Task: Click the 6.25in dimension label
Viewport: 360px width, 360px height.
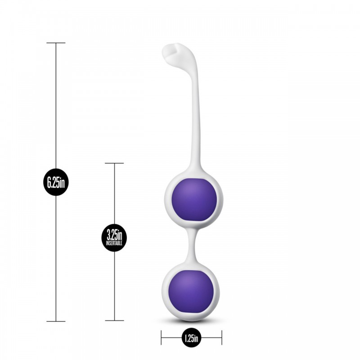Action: click(x=56, y=182)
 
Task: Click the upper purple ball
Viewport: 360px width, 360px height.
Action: click(x=195, y=199)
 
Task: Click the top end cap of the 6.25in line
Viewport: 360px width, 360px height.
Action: click(x=56, y=43)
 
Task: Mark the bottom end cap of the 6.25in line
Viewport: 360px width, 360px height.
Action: click(x=56, y=321)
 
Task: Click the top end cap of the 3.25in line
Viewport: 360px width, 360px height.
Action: click(x=114, y=163)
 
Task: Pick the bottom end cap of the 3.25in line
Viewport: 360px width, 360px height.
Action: click(x=114, y=320)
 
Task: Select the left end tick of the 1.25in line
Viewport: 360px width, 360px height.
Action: click(x=161, y=337)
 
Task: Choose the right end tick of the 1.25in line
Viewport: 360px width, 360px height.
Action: click(x=221, y=337)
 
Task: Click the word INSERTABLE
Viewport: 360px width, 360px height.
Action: click(x=114, y=243)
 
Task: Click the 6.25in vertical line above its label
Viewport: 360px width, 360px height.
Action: click(x=56, y=103)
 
